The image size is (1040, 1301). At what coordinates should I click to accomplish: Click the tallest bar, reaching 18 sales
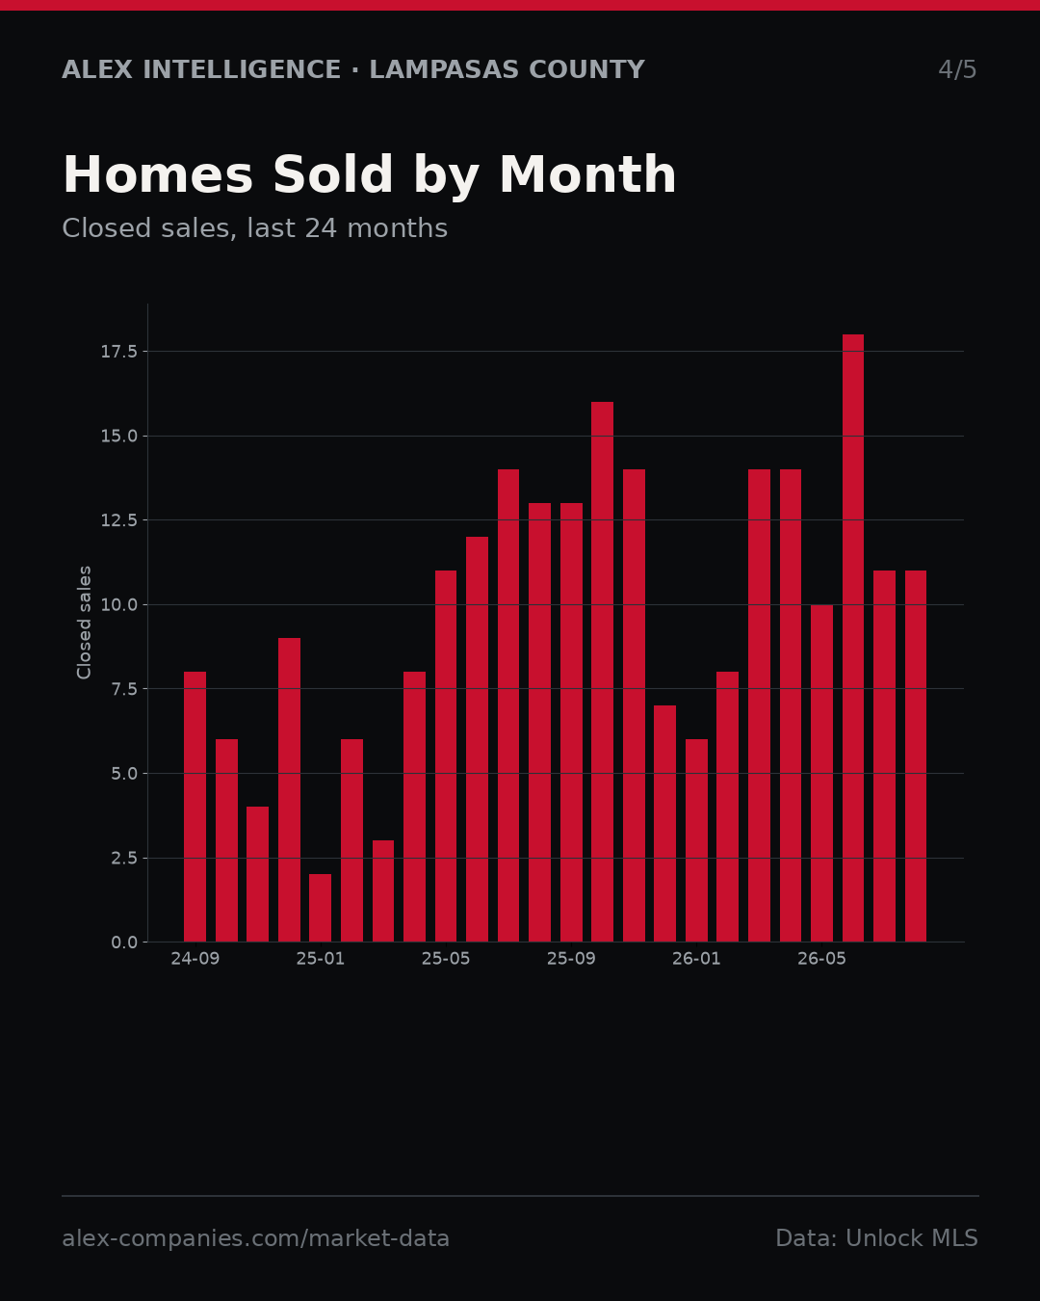click(852, 638)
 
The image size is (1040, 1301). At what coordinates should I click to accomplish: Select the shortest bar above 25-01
click(321, 908)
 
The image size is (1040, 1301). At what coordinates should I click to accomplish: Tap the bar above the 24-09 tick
click(195, 807)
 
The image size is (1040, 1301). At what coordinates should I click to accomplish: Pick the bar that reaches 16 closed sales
click(603, 672)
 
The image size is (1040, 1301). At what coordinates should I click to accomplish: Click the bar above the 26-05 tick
click(821, 773)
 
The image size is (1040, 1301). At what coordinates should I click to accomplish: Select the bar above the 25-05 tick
click(446, 757)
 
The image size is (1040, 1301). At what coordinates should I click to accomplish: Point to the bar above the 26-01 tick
click(696, 840)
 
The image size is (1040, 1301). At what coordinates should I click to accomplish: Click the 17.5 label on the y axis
click(119, 352)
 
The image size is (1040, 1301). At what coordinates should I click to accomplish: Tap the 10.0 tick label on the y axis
click(119, 605)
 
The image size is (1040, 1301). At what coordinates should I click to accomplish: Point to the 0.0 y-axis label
click(124, 943)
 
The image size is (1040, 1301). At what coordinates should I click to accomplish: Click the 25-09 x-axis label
click(571, 959)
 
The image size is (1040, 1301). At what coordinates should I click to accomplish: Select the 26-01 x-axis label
click(696, 959)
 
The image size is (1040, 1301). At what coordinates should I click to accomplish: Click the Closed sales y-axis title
click(84, 623)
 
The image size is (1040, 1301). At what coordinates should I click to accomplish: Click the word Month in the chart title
click(587, 174)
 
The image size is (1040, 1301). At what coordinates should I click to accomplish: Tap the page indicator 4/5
click(957, 69)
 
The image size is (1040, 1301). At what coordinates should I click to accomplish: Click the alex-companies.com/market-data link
click(255, 1238)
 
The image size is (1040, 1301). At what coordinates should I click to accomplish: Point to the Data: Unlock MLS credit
click(877, 1237)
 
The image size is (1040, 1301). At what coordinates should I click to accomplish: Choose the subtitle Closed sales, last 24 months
click(254, 228)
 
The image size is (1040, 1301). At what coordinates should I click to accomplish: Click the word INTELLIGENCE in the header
click(241, 69)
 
